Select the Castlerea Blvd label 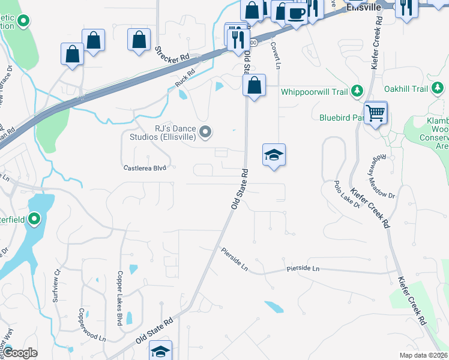pos(144,169)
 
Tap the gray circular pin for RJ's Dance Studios pos(206,131)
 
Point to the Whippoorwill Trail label pos(315,92)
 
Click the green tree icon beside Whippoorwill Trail pos(358,91)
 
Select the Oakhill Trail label pos(406,89)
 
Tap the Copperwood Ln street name pos(92,325)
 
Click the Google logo pos(20,353)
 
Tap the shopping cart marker pos(375,112)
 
